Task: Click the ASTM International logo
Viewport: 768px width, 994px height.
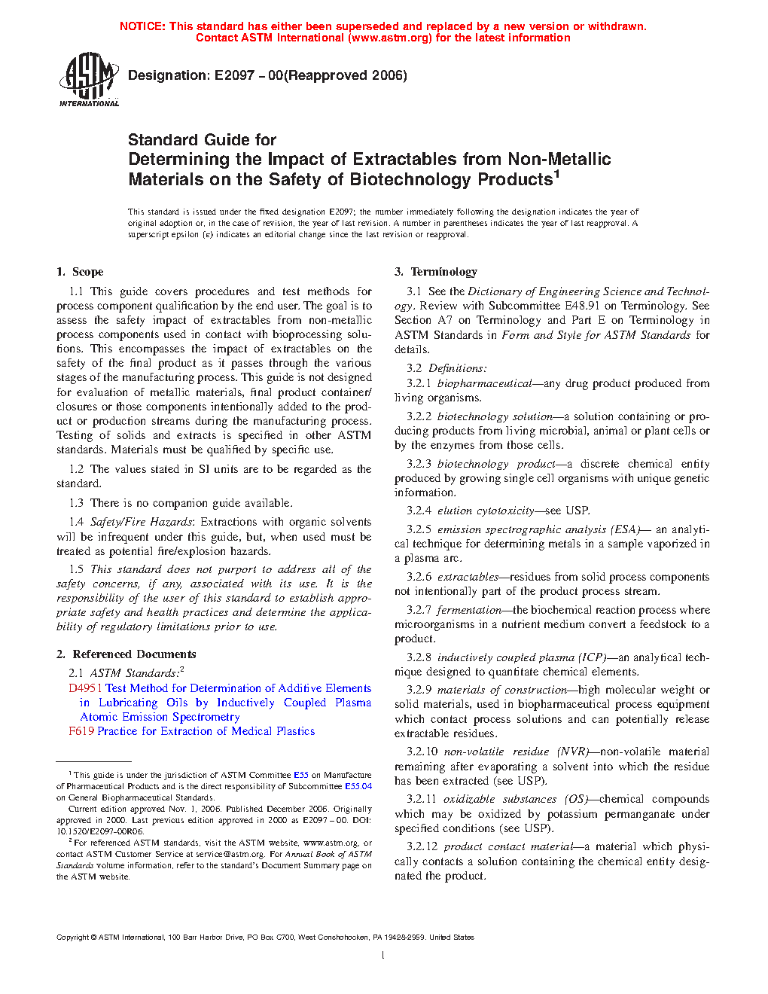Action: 88,79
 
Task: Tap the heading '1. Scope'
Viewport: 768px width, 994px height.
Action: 80,272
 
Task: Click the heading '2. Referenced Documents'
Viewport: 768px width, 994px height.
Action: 126,654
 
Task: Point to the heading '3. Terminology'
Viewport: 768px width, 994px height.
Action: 436,272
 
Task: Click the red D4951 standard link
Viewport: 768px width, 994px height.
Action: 85,688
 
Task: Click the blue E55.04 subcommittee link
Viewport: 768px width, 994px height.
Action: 358,786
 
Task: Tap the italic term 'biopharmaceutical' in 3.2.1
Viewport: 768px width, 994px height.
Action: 484,383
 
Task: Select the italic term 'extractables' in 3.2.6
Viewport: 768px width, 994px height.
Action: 468,577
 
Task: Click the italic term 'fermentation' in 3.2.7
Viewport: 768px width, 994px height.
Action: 468,610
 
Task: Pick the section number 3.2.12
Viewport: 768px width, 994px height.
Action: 422,846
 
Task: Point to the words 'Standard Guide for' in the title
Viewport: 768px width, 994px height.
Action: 202,140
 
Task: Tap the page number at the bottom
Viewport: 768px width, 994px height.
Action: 383,956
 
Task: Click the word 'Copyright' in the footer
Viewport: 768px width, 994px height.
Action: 72,938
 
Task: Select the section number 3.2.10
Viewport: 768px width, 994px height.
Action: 422,752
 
